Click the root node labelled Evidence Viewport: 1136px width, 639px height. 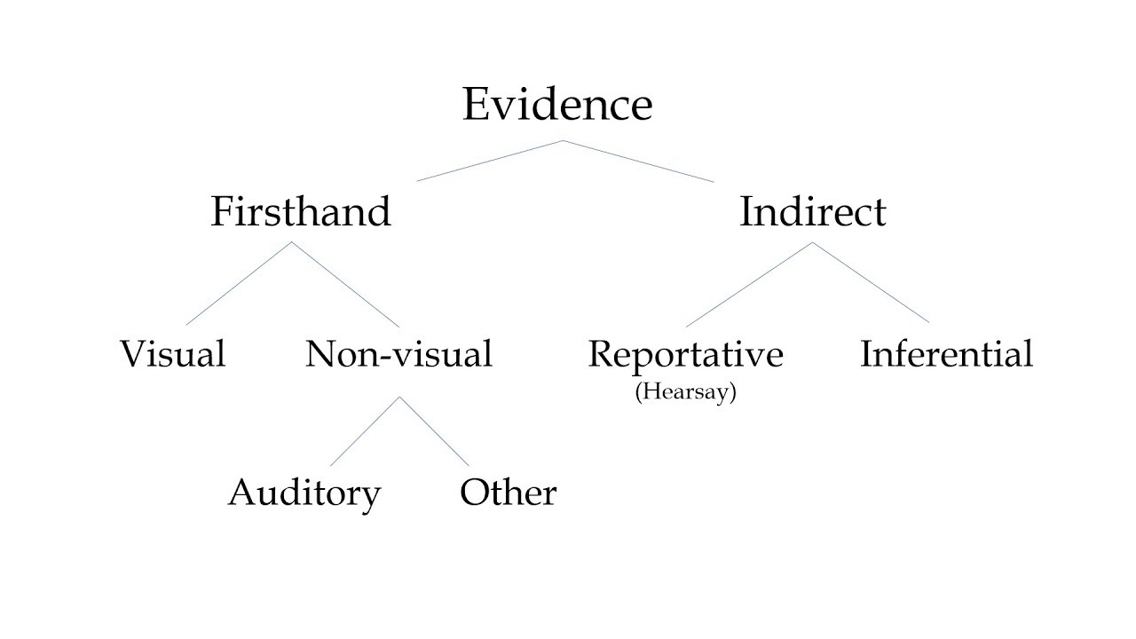(x=557, y=105)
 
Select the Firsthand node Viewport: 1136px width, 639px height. (x=301, y=212)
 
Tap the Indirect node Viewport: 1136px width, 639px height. (x=812, y=212)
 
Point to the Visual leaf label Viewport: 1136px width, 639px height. (x=172, y=354)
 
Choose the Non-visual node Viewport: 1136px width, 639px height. (x=398, y=354)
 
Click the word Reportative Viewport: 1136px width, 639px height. (x=685, y=354)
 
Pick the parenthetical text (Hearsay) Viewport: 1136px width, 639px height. (x=685, y=392)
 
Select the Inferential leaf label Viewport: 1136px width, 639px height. (x=946, y=354)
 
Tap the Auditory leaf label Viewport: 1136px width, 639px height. (x=304, y=493)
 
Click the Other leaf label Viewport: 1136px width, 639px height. (x=508, y=493)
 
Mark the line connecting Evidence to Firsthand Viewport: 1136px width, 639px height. (x=490, y=161)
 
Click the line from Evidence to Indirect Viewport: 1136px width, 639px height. (x=638, y=161)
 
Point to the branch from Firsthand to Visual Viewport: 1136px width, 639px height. (x=239, y=283)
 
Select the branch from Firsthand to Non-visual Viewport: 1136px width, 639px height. (x=345, y=283)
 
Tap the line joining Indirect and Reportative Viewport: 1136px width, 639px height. (x=749, y=284)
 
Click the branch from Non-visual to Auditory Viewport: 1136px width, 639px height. (x=364, y=431)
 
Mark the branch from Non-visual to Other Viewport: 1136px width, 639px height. (x=434, y=431)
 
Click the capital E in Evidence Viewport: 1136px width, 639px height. (x=476, y=105)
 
